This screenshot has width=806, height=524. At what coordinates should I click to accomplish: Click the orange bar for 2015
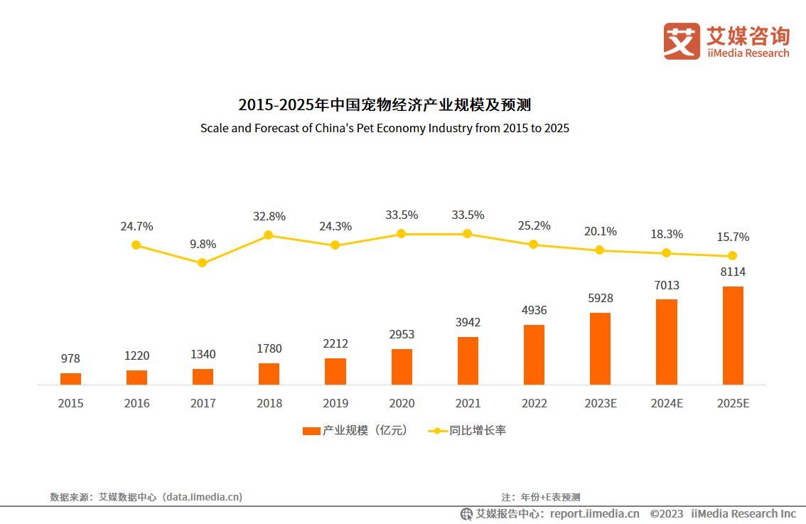(70, 378)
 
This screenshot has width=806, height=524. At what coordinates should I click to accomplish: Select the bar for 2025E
(733, 336)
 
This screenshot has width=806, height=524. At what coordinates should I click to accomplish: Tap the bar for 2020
(402, 367)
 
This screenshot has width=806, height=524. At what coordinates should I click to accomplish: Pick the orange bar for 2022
(534, 355)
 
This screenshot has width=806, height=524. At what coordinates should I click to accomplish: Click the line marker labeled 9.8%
(202, 262)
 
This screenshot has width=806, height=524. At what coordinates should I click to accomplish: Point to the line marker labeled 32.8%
(269, 235)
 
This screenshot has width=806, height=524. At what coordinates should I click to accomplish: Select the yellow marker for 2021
(467, 233)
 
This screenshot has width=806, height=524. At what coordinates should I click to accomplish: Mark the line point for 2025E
(732, 256)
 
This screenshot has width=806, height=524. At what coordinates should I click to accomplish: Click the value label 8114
(732, 272)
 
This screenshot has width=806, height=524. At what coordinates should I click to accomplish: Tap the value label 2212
(335, 344)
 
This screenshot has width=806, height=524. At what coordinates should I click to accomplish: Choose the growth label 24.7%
(136, 226)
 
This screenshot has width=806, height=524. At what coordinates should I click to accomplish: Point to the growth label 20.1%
(600, 231)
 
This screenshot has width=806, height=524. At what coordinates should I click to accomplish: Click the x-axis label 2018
(269, 403)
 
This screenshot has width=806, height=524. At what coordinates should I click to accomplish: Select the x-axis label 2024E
(666, 403)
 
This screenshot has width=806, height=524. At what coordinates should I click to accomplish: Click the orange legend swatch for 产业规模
(311, 431)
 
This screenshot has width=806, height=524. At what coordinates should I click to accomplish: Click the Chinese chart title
(385, 105)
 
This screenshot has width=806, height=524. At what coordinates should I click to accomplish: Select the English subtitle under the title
(385, 129)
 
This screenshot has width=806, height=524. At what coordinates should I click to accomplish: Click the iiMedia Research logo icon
(681, 41)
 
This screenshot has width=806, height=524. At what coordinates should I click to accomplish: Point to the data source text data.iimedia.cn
(202, 497)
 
